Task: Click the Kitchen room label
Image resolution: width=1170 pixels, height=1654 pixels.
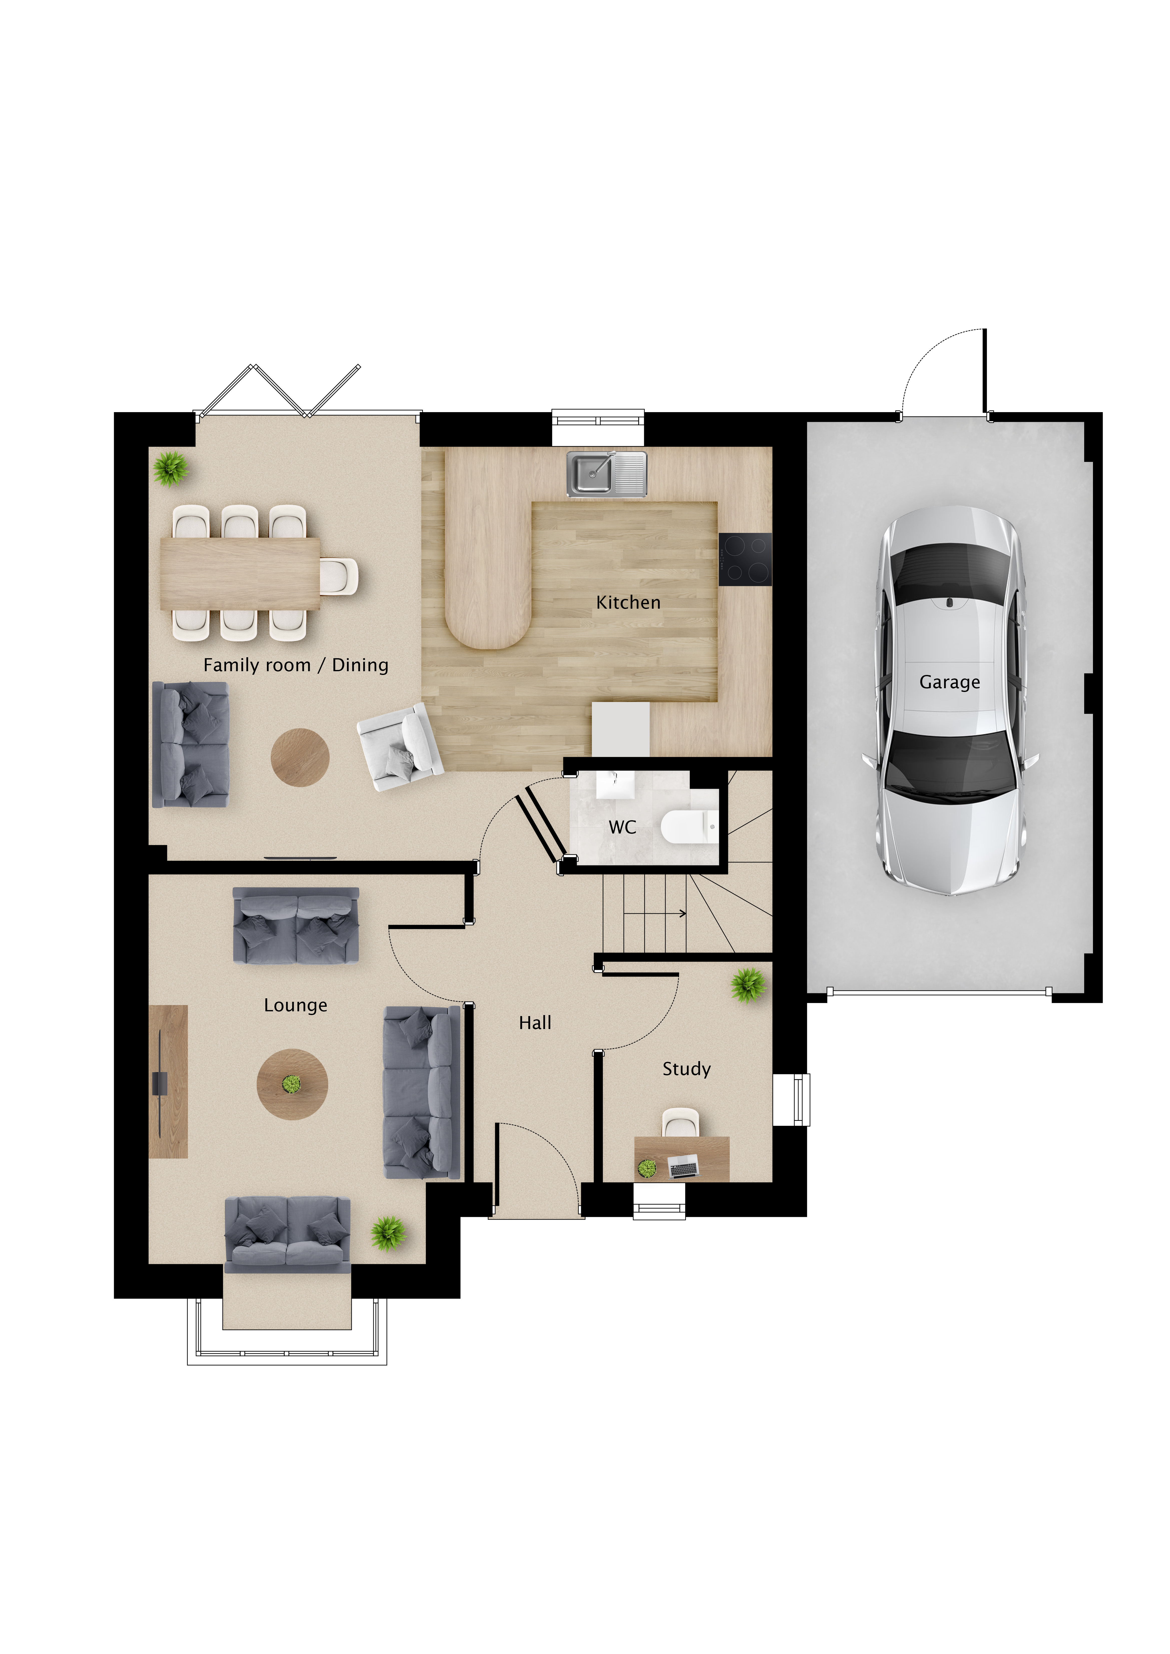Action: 628,602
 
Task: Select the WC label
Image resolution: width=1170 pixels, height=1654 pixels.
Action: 622,827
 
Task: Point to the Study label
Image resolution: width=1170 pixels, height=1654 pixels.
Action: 687,1069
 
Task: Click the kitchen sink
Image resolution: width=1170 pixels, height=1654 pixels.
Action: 607,474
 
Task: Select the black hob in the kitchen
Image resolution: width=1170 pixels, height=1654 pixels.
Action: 745,559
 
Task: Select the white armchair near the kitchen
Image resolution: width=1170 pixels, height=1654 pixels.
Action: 400,747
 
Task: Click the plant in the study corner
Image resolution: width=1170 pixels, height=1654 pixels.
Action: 748,985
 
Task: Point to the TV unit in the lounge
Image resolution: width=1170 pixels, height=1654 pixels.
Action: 168,1081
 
